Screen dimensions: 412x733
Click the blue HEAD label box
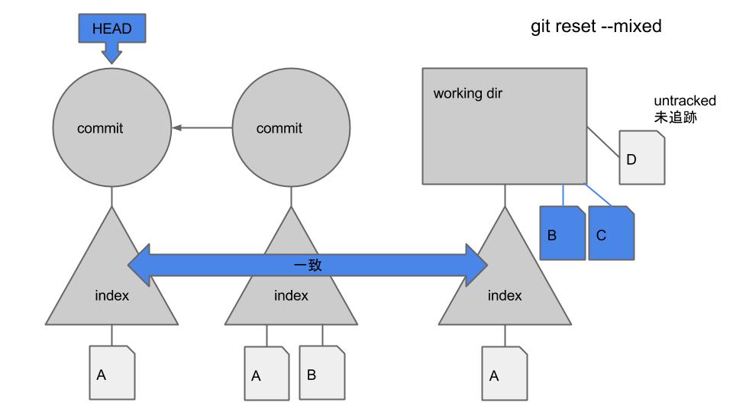111,29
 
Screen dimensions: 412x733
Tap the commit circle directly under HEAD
112,128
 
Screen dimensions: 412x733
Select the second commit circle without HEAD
291,128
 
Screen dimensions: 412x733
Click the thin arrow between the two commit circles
202,128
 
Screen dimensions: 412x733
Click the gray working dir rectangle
504,125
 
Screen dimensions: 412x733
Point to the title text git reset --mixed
596,27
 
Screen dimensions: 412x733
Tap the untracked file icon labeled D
641,158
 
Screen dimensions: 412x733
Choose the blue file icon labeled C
611,233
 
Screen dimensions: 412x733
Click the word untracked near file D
685,101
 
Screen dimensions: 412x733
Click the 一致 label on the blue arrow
308,265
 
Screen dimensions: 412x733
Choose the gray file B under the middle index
321,373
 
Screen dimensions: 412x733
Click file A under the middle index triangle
266,374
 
